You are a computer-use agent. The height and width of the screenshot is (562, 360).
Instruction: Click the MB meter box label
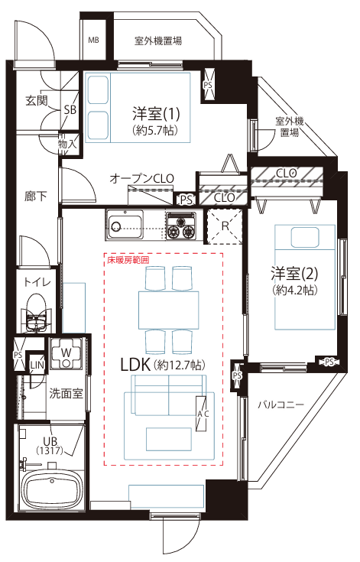93,40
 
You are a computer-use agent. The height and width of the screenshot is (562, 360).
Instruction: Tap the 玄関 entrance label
36,101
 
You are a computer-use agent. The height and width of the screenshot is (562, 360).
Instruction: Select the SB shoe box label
70,109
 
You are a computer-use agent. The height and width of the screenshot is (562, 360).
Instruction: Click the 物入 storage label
67,144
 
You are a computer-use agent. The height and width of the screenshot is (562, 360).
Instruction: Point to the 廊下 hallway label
35,196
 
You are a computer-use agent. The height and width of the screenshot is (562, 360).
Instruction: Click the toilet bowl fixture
36,312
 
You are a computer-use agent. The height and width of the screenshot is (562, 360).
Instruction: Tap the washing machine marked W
66,354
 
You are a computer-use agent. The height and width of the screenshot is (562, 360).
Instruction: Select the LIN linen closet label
37,365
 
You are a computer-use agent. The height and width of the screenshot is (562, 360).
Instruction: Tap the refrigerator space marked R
225,226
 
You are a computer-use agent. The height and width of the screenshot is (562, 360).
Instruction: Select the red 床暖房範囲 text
128,260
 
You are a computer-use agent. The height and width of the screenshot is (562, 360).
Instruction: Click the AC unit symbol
202,414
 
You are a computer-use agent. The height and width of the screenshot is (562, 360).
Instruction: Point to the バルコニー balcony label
281,405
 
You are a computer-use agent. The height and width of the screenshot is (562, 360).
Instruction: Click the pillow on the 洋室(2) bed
305,238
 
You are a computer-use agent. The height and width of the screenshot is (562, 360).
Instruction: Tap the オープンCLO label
142,178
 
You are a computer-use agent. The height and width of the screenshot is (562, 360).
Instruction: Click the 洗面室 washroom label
66,394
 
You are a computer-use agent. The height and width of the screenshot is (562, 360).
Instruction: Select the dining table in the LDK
169,310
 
